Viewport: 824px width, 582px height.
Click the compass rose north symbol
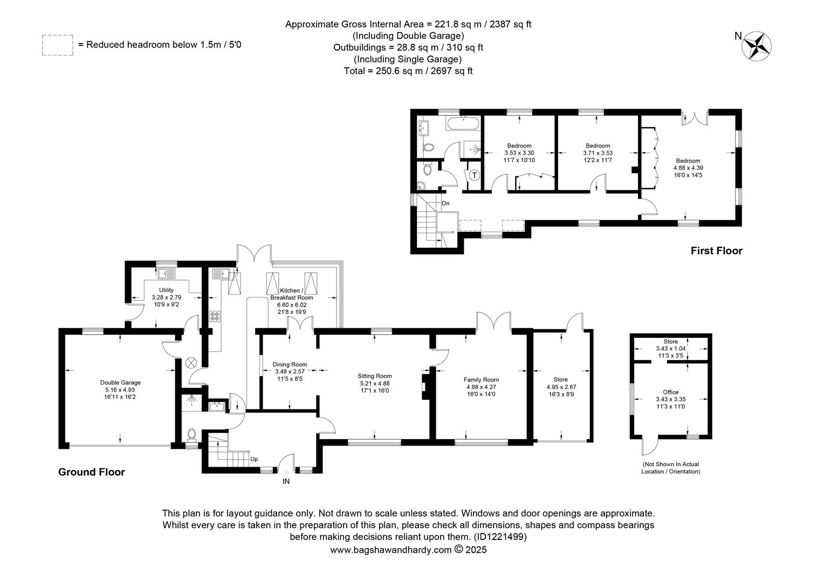tap(756, 46)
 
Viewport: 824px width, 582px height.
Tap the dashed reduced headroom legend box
tap(58, 45)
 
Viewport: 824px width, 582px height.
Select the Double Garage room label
tap(120, 383)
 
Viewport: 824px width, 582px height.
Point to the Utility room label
tap(166, 290)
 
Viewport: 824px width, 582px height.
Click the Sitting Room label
tap(374, 376)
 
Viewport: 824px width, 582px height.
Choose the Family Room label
tap(481, 379)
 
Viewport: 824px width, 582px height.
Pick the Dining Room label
tap(290, 364)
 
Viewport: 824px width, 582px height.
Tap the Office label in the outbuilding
tap(671, 392)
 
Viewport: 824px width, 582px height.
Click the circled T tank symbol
tap(475, 175)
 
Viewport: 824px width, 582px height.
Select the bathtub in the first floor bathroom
tap(463, 123)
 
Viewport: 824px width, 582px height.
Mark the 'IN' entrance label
tap(286, 481)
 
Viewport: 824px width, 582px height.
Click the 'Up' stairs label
tap(254, 459)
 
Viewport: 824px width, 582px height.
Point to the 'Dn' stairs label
tap(445, 203)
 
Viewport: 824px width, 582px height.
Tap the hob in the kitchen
tap(215, 316)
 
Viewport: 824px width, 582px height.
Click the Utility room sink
tap(167, 274)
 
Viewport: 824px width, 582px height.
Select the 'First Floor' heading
tap(716, 251)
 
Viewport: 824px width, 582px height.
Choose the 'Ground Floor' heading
tap(92, 472)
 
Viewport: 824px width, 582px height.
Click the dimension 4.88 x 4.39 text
tap(688, 168)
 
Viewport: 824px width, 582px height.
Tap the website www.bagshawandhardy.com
tap(390, 550)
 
